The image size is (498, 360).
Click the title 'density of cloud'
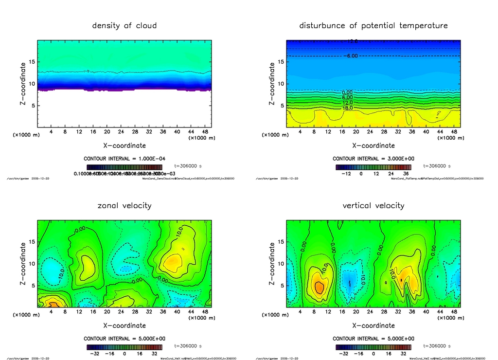pyautogui.click(x=124, y=25)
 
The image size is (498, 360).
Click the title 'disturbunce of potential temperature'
pyautogui.click(x=373, y=25)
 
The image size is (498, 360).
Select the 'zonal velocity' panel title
pyautogui.click(x=124, y=205)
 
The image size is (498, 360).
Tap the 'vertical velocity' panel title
pyautogui.click(x=373, y=205)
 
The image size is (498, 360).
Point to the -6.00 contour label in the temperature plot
pyautogui.click(x=352, y=56)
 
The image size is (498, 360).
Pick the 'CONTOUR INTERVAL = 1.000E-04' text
pyautogui.click(x=124, y=159)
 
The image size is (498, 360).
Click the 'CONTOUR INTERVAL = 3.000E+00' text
pyautogui.click(x=373, y=159)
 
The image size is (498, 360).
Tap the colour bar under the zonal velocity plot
pyautogui.click(x=124, y=347)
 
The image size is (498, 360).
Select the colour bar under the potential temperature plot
pyautogui.click(x=373, y=167)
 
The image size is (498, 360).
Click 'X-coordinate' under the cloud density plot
pyautogui.click(x=124, y=145)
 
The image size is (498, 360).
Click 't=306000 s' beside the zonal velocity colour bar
pyautogui.click(x=188, y=346)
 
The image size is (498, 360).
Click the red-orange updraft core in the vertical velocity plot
pyautogui.click(x=319, y=287)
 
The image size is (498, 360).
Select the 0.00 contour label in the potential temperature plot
pyautogui.click(x=347, y=92)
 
